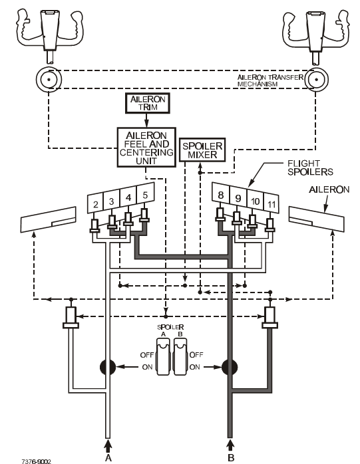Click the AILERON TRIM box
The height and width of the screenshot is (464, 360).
click(x=148, y=103)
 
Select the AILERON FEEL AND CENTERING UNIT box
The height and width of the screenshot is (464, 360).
click(x=146, y=148)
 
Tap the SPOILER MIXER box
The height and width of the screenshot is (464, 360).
click(x=202, y=150)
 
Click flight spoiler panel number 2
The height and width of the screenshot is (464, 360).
click(x=95, y=203)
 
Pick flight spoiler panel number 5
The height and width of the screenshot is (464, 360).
click(x=145, y=195)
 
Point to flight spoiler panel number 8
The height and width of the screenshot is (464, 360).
click(x=221, y=195)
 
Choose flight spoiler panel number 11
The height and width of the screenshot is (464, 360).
click(x=271, y=204)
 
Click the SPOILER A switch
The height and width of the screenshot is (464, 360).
click(x=163, y=356)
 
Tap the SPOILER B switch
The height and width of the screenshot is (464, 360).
click(x=180, y=356)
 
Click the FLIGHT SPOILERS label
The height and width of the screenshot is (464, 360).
click(x=310, y=168)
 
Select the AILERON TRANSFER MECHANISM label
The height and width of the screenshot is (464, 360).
click(x=270, y=80)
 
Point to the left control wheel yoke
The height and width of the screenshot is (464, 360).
click(x=49, y=33)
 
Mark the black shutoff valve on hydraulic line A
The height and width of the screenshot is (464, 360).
click(x=108, y=367)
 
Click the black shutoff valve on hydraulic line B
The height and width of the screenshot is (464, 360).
click(x=230, y=367)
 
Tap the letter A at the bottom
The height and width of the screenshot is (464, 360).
click(x=108, y=457)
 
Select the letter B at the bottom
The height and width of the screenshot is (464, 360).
click(x=231, y=457)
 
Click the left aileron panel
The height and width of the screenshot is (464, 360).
click(x=49, y=219)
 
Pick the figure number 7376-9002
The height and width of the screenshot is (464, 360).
click(x=36, y=461)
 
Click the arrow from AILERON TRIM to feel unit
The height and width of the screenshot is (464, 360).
click(x=146, y=120)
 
